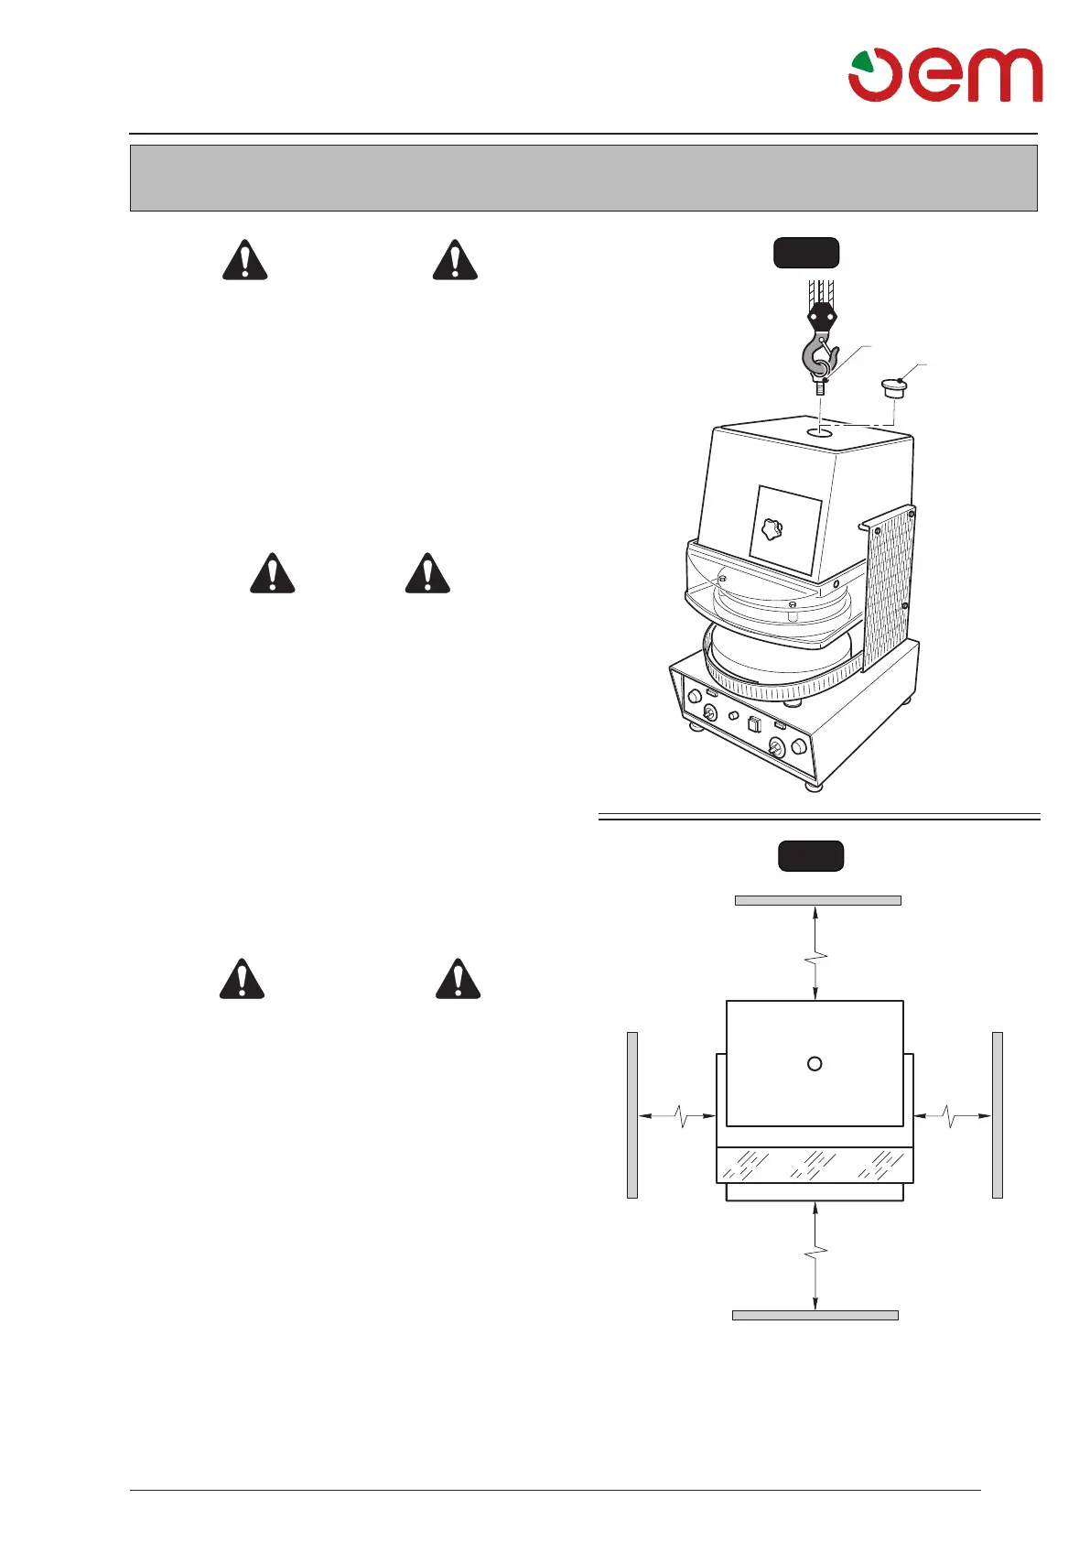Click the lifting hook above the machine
[818, 357]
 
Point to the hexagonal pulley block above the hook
[821, 317]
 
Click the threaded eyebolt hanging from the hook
[820, 385]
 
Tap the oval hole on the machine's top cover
[820, 430]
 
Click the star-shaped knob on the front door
[772, 529]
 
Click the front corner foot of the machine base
[813, 785]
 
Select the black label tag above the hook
[806, 254]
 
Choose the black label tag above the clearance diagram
[810, 856]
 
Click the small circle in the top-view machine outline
[815, 1063]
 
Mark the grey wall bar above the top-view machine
[817, 901]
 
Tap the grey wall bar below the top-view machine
[815, 1316]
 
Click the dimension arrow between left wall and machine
[677, 1115]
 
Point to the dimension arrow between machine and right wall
[953, 1115]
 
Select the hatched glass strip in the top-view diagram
[814, 1165]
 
